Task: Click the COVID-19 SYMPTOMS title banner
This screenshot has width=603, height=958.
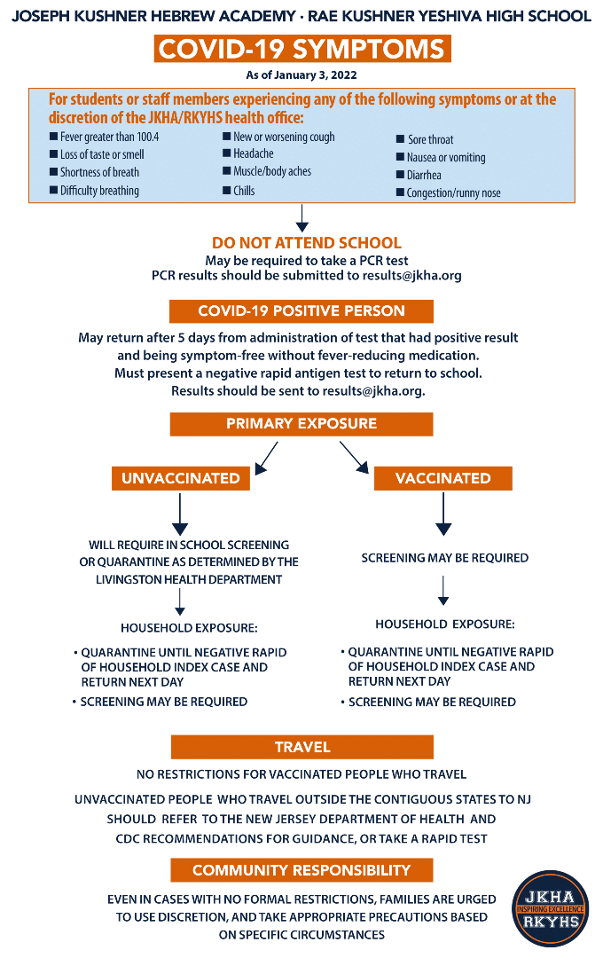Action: pos(301,49)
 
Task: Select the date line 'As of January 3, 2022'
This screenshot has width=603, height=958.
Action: pos(301,75)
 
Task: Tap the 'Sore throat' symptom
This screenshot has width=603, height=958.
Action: pos(431,140)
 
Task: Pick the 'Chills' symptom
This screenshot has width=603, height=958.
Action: pos(244,191)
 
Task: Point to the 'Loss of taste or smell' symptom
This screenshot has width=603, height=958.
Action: pos(102,154)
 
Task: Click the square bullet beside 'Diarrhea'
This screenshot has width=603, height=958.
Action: pos(400,175)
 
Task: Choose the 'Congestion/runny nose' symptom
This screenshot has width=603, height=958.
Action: pos(453,193)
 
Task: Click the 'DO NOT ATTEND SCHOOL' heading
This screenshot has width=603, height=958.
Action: pos(307,242)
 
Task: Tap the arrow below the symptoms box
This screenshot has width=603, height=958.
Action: pos(301,218)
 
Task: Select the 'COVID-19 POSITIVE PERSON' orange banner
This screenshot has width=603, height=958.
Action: pos(301,311)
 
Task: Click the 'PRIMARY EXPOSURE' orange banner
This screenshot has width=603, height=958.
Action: pos(301,424)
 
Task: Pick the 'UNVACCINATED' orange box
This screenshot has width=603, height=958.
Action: pos(181,478)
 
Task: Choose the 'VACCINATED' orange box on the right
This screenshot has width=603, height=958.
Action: pos(442,478)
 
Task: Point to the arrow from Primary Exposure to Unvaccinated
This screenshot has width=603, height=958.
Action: pos(266,459)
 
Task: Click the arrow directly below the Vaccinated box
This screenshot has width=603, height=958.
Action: pos(443,514)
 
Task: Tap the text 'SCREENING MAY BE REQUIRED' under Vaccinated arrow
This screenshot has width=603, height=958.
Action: pos(445,558)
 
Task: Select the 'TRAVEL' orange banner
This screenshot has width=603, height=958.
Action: pos(301,747)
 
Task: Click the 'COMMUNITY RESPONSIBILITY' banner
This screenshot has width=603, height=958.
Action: pos(301,870)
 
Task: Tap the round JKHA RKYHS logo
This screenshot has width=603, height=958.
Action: pos(550,908)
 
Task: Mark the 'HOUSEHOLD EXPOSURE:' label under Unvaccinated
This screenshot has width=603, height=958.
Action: pos(189,628)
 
